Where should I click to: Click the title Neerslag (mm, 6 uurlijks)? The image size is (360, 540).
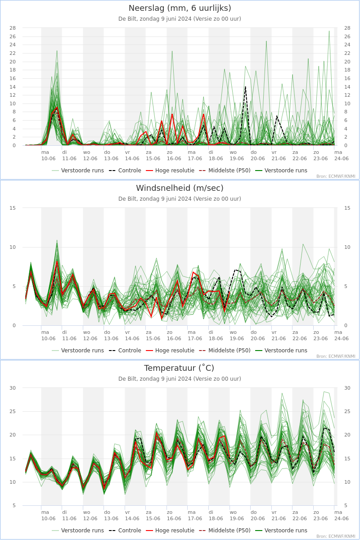pyautogui.click(x=180, y=8)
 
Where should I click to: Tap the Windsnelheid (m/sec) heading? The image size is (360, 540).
pyautogui.click(x=180, y=188)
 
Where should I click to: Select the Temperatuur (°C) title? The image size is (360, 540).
pyautogui.click(x=180, y=368)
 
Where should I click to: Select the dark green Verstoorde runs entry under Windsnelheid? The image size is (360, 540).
pyautogui.click(x=286, y=351)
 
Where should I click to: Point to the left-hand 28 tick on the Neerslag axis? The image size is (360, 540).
pyautogui.click(x=13, y=28)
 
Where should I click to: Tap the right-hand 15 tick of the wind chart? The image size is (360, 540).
pyautogui.click(x=347, y=208)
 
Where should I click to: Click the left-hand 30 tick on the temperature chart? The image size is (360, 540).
pyautogui.click(x=13, y=388)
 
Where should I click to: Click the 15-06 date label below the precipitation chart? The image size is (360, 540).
pyautogui.click(x=153, y=158)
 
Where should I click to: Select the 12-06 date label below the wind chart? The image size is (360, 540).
pyautogui.click(x=90, y=338)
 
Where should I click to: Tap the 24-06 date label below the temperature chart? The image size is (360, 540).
pyautogui.click(x=342, y=518)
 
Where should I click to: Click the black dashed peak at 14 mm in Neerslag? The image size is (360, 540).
pyautogui.click(x=245, y=86)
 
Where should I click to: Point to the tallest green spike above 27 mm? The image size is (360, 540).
pyautogui.click(x=329, y=31)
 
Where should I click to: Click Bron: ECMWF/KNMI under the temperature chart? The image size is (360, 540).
pyautogui.click(x=336, y=536)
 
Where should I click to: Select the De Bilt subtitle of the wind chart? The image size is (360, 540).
pyautogui.click(x=180, y=199)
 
